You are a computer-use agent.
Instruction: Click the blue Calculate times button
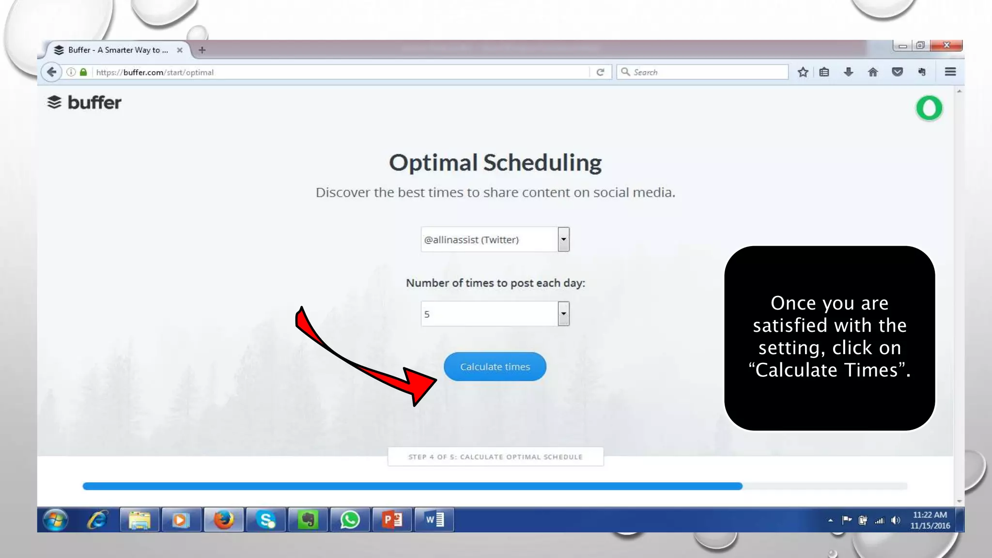click(x=495, y=367)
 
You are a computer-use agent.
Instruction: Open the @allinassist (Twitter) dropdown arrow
click(x=563, y=239)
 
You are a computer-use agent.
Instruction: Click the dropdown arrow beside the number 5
click(x=563, y=314)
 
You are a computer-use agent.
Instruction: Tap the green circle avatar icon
click(x=929, y=108)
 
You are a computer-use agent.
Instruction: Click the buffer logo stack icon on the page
click(x=54, y=102)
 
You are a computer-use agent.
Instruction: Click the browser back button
click(x=51, y=72)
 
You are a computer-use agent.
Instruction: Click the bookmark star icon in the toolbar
click(x=803, y=72)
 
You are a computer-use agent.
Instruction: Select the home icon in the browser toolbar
click(x=873, y=72)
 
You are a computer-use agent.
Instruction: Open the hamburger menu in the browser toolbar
click(x=950, y=72)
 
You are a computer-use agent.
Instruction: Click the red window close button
click(x=946, y=45)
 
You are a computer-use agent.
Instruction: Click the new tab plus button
click(x=202, y=50)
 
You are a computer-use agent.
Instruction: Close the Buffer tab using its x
click(x=180, y=50)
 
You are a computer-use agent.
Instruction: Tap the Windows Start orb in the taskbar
click(x=55, y=520)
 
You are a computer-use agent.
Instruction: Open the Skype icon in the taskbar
click(x=266, y=520)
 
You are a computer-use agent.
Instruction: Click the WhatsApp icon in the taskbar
click(x=350, y=520)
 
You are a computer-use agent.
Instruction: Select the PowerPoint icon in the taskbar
click(x=392, y=520)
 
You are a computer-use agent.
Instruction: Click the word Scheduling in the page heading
click(x=542, y=163)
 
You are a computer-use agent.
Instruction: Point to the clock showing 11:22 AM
click(x=930, y=515)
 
